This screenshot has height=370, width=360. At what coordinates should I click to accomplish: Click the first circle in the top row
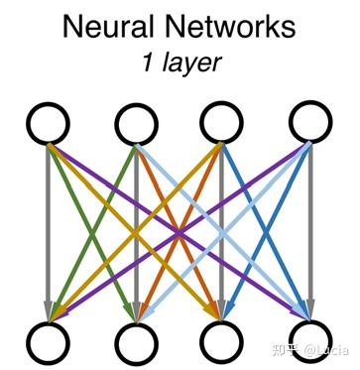(x=48, y=125)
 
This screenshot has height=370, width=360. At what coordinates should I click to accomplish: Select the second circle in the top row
(x=136, y=125)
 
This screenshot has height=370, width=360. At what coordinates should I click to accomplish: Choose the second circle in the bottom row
(x=136, y=341)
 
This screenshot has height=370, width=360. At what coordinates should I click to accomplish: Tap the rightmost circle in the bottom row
(x=309, y=337)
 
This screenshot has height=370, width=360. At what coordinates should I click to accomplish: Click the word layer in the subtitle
(x=187, y=64)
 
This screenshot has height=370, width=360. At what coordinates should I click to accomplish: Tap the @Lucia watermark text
(x=326, y=350)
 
